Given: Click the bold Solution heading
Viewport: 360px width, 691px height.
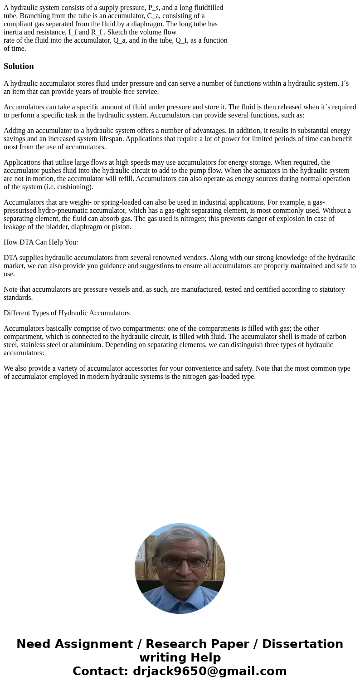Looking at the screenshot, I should coord(19,66).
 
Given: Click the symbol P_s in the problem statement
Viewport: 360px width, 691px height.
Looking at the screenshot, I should coord(154,8).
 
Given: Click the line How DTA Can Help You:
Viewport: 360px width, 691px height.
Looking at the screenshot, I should coord(41,242).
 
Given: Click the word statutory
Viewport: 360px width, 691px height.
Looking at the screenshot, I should coord(330,289).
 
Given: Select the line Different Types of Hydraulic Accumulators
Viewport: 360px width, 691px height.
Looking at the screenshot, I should coord(67,313).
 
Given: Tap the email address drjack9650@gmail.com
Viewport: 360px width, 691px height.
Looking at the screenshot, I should coord(209,671).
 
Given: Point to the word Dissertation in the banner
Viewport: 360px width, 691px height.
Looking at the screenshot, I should coord(302,644).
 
